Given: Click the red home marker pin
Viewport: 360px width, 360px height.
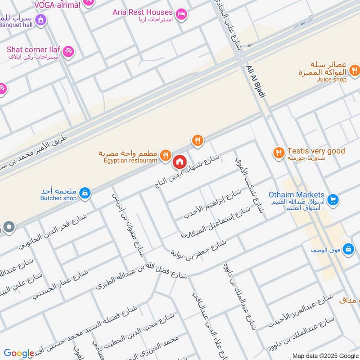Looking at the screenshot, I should (x=180, y=161).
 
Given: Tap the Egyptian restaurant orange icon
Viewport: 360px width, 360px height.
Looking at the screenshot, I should (x=166, y=155).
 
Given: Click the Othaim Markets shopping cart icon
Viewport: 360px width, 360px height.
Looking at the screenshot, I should (x=333, y=198).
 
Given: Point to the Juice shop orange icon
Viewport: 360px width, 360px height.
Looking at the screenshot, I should (x=355, y=70).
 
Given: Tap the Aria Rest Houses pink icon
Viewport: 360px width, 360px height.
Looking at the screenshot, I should (x=181, y=14).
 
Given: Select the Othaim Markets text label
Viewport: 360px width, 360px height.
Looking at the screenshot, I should (x=297, y=195).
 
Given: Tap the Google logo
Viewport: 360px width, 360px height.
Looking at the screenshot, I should (x=19, y=353).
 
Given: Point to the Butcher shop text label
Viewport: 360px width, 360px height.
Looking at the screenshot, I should (x=58, y=198).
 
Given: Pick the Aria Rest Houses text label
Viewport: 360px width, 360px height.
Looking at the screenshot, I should (x=143, y=12).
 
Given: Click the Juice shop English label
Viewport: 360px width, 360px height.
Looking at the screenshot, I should (x=332, y=79).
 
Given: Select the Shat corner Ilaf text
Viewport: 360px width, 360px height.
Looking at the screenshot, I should (x=34, y=49).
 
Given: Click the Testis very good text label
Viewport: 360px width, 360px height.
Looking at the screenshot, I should (x=316, y=151).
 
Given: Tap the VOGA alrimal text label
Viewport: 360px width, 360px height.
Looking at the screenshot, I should (x=57, y=5).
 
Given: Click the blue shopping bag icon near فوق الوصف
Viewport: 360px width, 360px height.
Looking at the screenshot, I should (x=348, y=248).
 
